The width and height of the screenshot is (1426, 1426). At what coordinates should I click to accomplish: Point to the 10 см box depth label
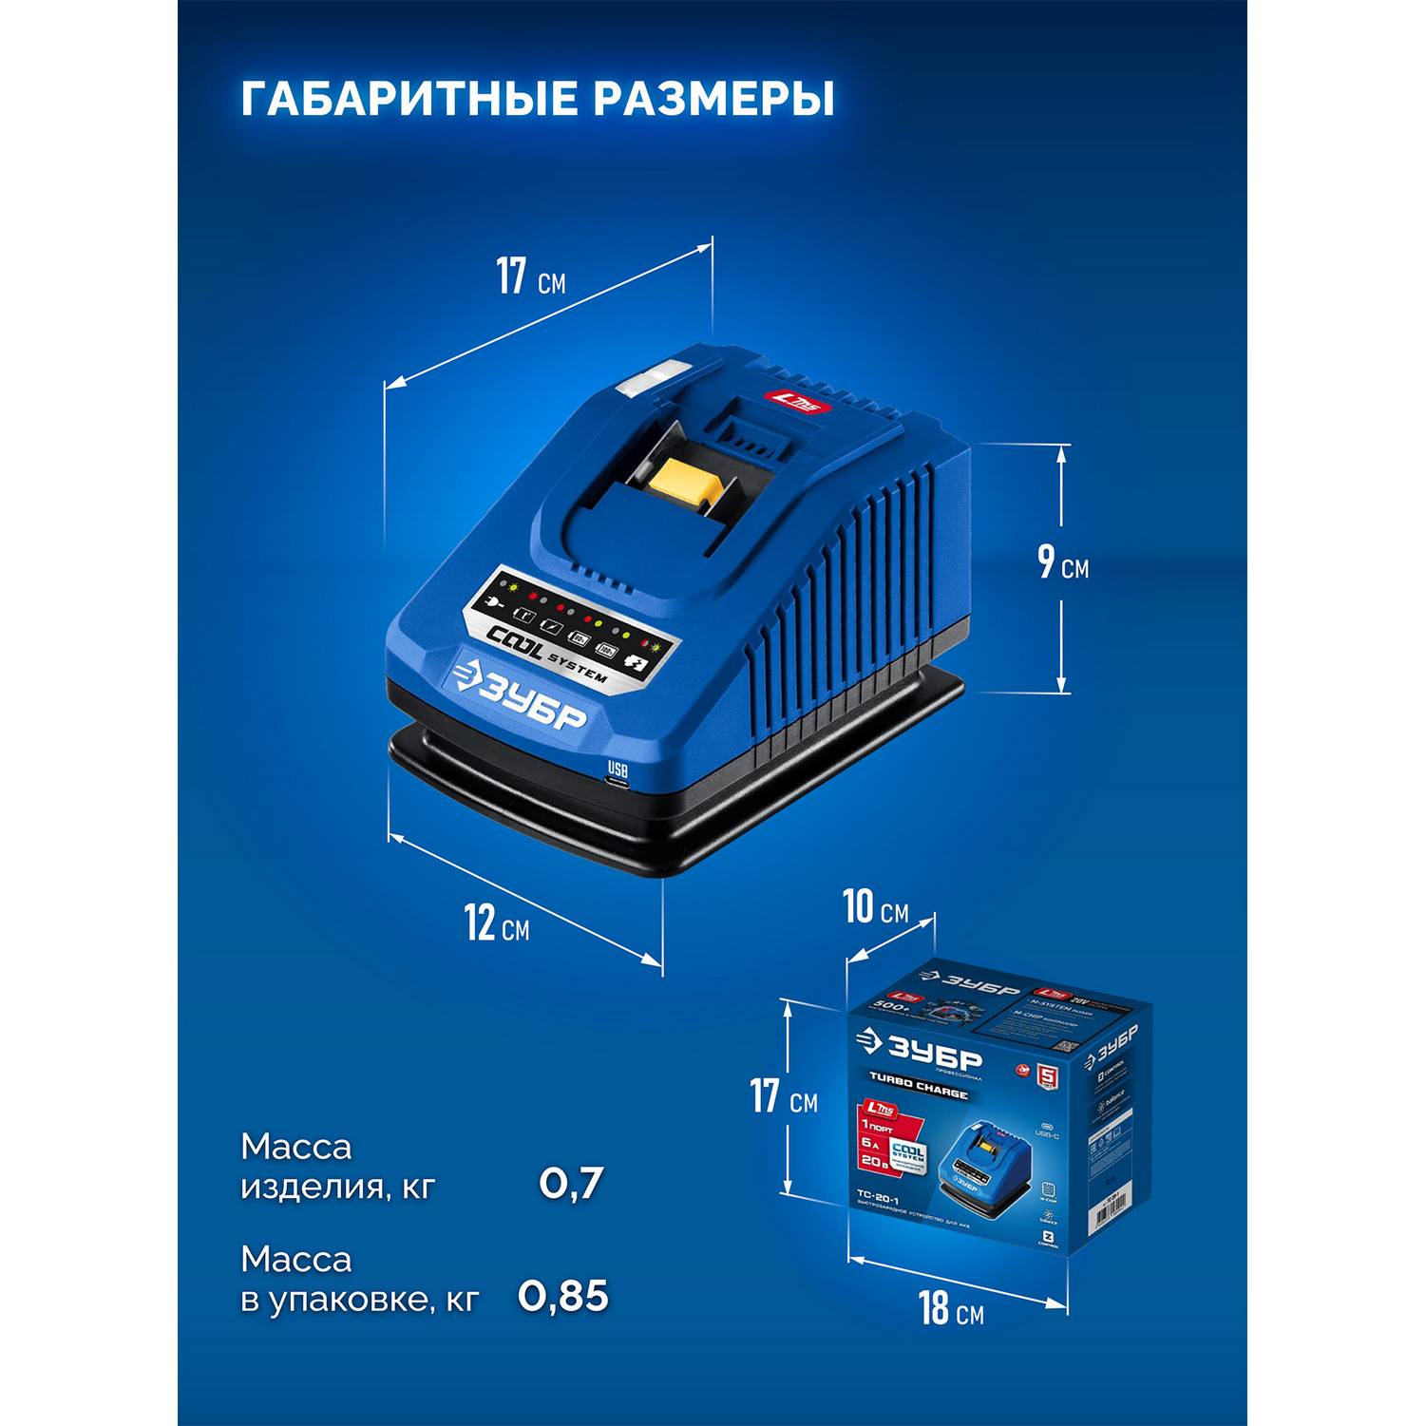point(875,909)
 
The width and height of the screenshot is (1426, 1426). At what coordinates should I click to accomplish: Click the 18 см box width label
point(950,1309)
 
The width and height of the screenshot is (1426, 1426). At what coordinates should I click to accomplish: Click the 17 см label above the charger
point(530,277)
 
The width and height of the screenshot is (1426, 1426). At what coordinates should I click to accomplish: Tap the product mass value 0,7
point(571,1184)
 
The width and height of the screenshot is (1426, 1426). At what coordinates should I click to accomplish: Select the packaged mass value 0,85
point(563,1297)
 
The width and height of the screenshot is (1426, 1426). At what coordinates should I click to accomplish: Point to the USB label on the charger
point(618,768)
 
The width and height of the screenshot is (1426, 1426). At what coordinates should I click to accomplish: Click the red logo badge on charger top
point(798,401)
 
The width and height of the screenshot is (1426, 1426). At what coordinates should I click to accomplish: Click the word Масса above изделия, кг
point(295,1147)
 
